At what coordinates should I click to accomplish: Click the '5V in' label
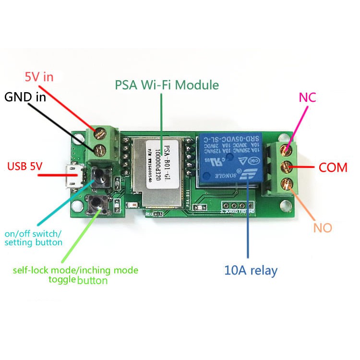(x=39, y=76)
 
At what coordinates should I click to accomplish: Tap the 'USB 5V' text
(x=25, y=167)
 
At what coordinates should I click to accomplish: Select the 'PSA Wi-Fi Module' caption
(x=167, y=85)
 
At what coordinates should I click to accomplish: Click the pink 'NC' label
(x=307, y=97)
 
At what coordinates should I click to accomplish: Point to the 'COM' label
(x=333, y=168)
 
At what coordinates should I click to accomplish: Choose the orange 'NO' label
(x=323, y=228)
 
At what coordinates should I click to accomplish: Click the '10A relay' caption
(x=251, y=270)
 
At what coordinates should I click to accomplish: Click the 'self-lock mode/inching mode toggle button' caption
(x=75, y=275)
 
